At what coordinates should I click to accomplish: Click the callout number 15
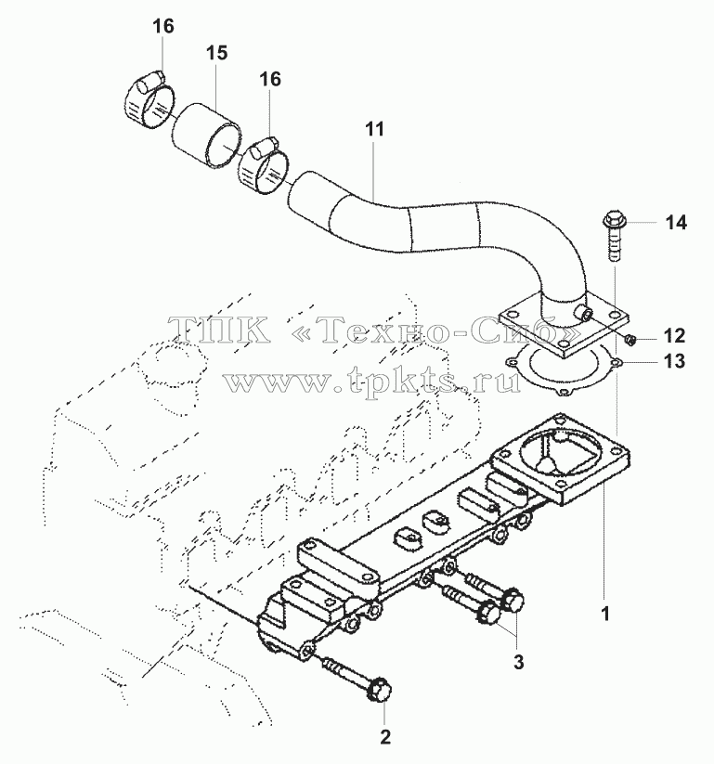(x=216, y=53)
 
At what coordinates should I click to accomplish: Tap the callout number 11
(x=374, y=129)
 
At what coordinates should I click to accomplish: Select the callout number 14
(x=676, y=223)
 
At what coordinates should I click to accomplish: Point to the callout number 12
(x=674, y=336)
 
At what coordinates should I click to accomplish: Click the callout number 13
(x=674, y=361)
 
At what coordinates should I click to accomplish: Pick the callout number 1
(x=605, y=615)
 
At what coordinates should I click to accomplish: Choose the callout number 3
(x=519, y=662)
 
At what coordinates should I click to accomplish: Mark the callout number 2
(x=385, y=737)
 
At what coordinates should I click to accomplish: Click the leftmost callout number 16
(x=163, y=26)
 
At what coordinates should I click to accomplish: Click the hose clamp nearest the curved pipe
(x=265, y=167)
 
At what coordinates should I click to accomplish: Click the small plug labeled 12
(x=630, y=339)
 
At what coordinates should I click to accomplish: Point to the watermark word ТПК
(x=220, y=329)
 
